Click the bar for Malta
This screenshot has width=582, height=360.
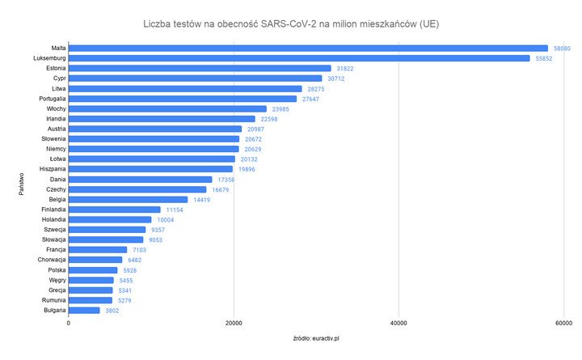tap(307, 49)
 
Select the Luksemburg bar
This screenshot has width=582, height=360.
tap(299, 58)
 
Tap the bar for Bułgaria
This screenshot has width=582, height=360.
tap(84, 310)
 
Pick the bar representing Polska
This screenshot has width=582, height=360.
tap(93, 270)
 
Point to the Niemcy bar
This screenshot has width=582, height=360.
tap(154, 149)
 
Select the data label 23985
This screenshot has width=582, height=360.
tap(280, 109)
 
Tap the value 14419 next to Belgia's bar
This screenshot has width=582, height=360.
tap(203, 200)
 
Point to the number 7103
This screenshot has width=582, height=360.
tap(141, 250)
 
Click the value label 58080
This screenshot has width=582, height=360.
tap(563, 49)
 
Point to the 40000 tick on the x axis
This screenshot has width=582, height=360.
tap(398, 324)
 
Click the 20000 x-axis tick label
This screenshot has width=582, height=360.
tap(234, 324)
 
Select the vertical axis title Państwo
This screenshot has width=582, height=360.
tap(22, 180)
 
